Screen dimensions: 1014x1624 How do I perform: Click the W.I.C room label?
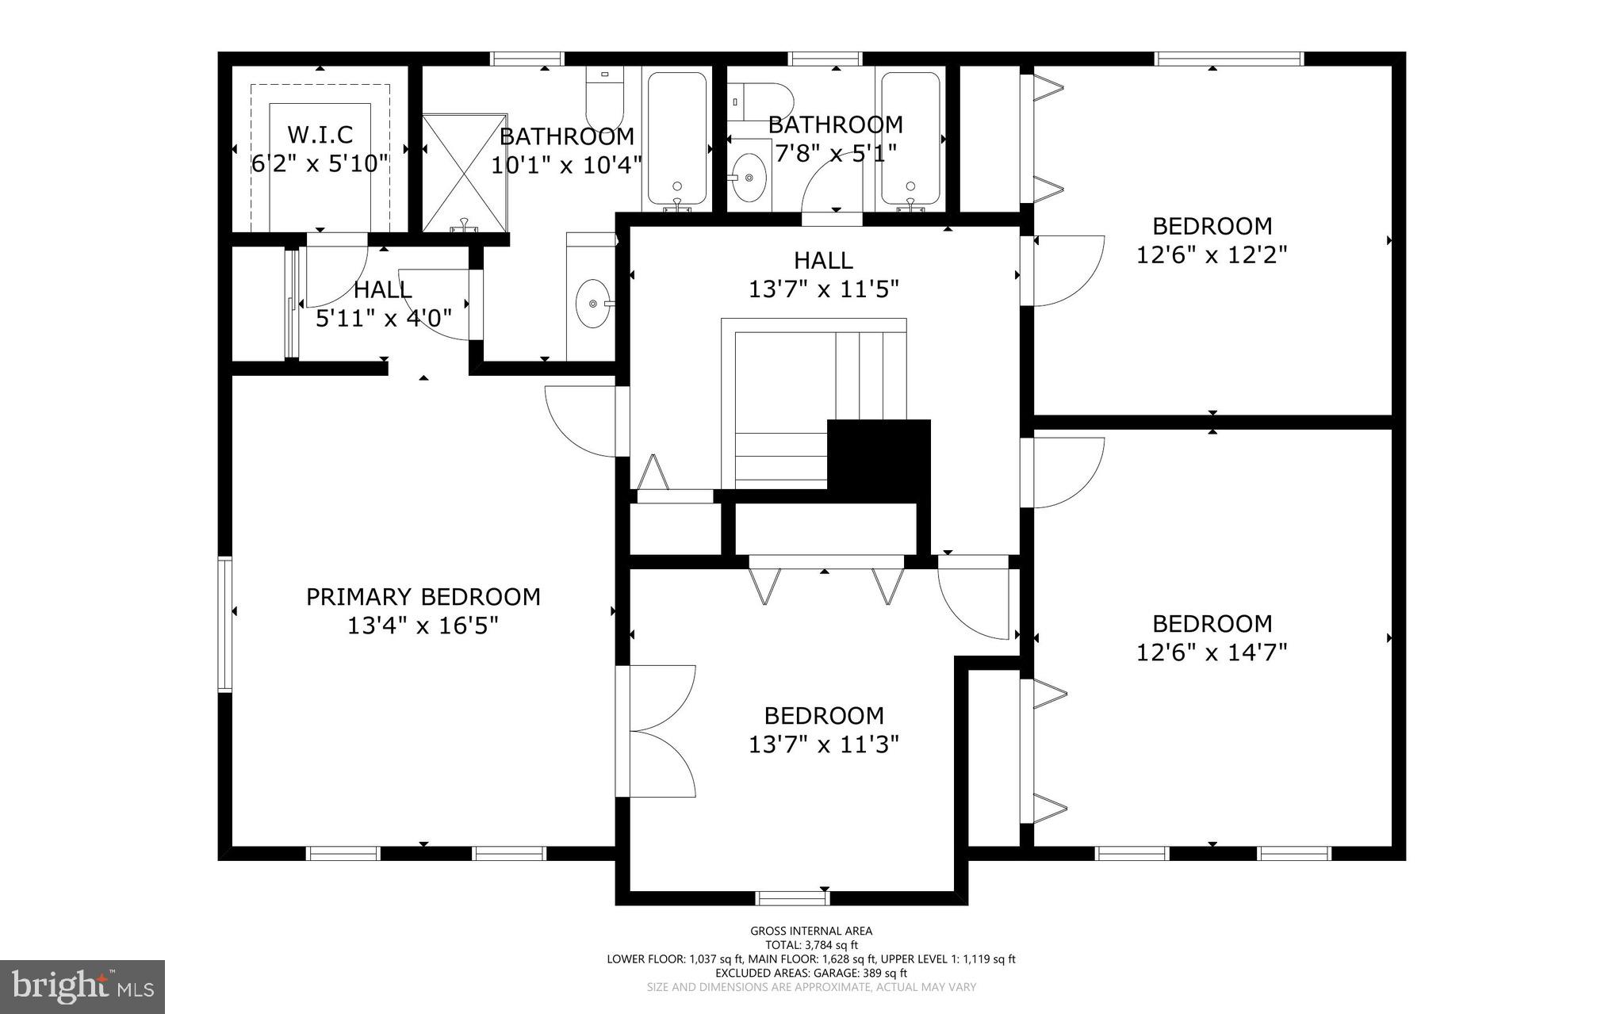coord(320,134)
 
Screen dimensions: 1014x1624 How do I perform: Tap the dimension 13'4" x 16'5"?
coord(423,626)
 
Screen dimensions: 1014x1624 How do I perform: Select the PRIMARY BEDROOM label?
coord(423,597)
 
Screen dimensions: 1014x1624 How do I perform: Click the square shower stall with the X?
coord(464,173)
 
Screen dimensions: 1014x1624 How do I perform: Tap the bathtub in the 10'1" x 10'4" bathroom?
coord(676,139)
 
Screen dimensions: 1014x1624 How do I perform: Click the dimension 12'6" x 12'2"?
coord(1212,255)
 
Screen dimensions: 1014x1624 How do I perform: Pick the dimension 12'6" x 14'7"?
coord(1212,652)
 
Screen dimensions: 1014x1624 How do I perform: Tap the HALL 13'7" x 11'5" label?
coord(824,274)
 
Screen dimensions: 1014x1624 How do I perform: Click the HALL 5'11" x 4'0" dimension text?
coord(384,319)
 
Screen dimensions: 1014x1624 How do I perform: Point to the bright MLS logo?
coord(82,986)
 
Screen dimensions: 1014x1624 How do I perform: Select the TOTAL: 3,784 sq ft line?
coord(811,945)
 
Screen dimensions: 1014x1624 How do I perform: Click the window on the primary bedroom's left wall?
coord(225,624)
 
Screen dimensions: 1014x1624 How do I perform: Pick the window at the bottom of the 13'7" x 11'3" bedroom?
coord(791,897)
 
